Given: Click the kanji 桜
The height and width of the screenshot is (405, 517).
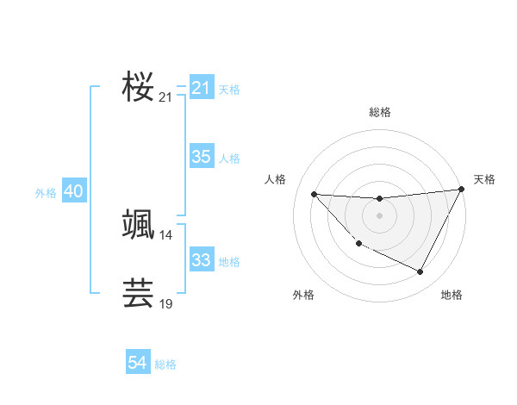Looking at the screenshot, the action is pyautogui.click(x=138, y=85).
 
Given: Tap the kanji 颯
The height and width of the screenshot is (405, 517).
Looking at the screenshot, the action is pyautogui.click(x=138, y=223).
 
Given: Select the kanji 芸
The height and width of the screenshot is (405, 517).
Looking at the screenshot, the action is pyautogui.click(x=138, y=293).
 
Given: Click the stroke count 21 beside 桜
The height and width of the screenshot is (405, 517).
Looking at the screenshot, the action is pyautogui.click(x=165, y=98).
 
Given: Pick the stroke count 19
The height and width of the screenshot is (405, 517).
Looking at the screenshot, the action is pyautogui.click(x=165, y=304).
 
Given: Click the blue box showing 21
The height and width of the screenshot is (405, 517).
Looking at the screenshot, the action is pyautogui.click(x=201, y=88).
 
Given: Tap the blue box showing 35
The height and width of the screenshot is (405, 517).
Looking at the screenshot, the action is pyautogui.click(x=201, y=157).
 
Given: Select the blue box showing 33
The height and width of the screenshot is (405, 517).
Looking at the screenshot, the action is pyautogui.click(x=201, y=260).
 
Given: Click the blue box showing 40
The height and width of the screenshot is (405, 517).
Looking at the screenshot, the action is pyautogui.click(x=73, y=191).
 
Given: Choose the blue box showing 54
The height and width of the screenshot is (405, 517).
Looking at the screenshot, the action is pyautogui.click(x=137, y=363).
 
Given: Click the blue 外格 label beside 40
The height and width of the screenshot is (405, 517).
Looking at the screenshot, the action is pyautogui.click(x=46, y=193).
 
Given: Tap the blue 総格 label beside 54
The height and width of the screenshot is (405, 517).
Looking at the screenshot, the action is pyautogui.click(x=165, y=364).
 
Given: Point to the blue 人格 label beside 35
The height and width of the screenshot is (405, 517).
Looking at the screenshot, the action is pyautogui.click(x=229, y=159).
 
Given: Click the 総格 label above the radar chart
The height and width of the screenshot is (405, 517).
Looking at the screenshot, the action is pyautogui.click(x=379, y=112).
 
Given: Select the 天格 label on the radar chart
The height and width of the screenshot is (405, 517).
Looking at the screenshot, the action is pyautogui.click(x=484, y=179).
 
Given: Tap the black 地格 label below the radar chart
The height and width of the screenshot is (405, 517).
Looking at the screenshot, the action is pyautogui.click(x=452, y=296).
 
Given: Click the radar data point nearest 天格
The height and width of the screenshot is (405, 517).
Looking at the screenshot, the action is pyautogui.click(x=461, y=190).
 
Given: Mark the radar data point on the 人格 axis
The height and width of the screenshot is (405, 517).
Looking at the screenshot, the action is pyautogui.click(x=314, y=194).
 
